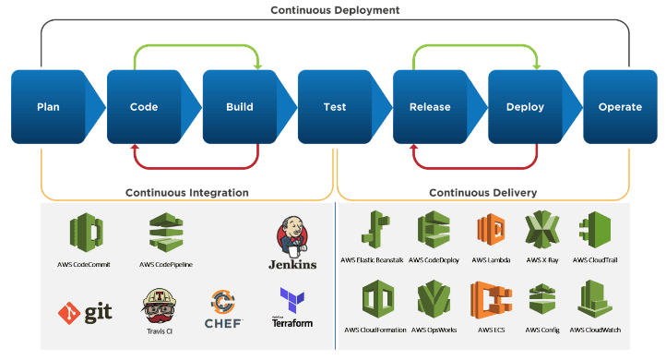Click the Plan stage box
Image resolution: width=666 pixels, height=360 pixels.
pos(49,106)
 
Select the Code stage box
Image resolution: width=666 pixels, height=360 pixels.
pos(144,106)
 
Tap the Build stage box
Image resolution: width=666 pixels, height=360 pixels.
pos(240,106)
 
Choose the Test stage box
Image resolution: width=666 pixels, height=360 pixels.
pos(335,106)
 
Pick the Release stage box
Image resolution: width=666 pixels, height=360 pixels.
pos(430,106)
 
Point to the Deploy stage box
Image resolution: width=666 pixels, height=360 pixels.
pos(525,106)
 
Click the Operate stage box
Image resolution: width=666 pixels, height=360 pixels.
pos(620,106)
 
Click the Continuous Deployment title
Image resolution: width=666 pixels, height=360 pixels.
pos(335,10)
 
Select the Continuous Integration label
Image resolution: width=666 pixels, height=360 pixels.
pos(187,193)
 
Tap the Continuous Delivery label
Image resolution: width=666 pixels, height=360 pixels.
pos(483,193)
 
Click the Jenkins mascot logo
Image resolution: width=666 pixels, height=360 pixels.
pos(291,237)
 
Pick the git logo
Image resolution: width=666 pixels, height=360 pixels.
pos(85,313)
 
